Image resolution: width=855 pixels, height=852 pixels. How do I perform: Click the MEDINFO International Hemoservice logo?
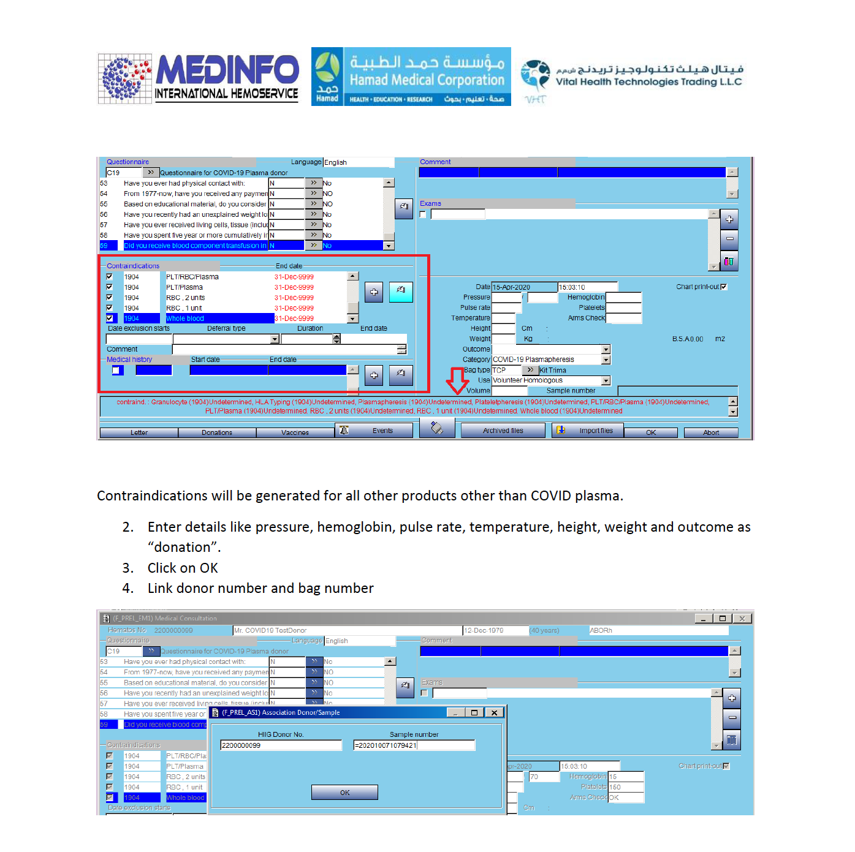click(x=198, y=77)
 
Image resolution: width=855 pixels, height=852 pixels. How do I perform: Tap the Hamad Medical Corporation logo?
click(x=411, y=77)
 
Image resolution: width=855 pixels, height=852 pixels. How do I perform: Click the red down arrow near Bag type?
click(x=457, y=380)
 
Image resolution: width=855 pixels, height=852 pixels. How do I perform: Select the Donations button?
click(x=217, y=432)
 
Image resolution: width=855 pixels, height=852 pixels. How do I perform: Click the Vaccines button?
click(x=295, y=432)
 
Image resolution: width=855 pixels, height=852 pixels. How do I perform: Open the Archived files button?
click(x=503, y=431)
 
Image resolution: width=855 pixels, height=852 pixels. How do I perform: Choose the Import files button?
click(x=588, y=431)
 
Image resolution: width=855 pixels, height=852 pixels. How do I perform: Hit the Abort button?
click(x=711, y=432)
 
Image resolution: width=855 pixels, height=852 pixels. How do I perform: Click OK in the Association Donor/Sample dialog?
click(x=344, y=793)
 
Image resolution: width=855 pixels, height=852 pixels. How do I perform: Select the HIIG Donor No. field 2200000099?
click(x=281, y=745)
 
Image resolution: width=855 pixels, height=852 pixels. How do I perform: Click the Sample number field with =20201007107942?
click(x=414, y=745)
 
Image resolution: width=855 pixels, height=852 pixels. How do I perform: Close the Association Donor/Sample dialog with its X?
click(x=494, y=712)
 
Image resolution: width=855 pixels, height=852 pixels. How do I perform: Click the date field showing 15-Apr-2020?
click(x=524, y=287)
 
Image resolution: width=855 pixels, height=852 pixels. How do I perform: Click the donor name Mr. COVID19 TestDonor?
click(x=347, y=630)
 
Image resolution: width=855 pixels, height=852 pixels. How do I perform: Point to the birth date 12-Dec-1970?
click(x=495, y=630)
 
